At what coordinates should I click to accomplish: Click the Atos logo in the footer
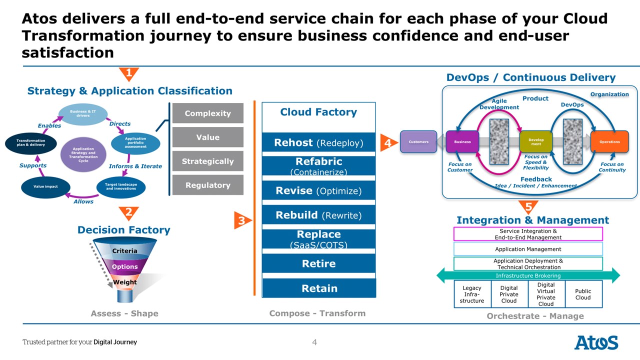point(596,343)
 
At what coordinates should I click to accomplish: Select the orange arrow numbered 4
point(387,142)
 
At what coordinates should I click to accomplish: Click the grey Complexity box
point(207,113)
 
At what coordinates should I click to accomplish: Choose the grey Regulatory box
point(207,185)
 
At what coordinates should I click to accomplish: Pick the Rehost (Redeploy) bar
point(318,143)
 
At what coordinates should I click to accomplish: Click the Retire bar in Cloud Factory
point(318,263)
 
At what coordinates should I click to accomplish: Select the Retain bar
point(318,288)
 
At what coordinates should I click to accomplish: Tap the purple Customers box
point(418,142)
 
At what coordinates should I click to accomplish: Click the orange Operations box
point(609,142)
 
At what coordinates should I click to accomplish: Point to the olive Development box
point(535,142)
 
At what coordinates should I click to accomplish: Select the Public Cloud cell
point(583,294)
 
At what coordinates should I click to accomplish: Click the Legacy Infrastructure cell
point(472,294)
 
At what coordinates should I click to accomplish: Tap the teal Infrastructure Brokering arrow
point(528,275)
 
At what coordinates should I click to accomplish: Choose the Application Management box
point(528,249)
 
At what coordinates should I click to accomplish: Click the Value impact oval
point(45,186)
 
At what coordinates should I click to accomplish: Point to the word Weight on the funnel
point(124,282)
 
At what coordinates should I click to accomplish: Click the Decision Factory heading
point(123,230)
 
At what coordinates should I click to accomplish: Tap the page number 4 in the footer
point(314,342)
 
